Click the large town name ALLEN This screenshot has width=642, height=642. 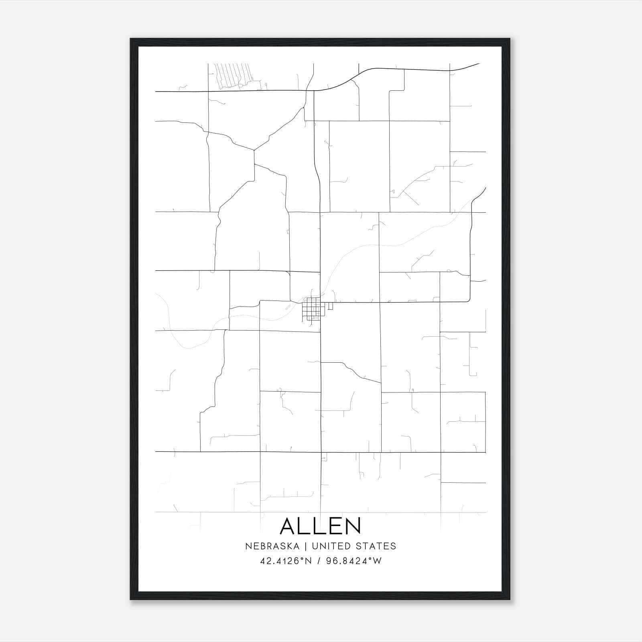(x=320, y=526)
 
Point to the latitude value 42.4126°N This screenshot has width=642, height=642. (x=286, y=561)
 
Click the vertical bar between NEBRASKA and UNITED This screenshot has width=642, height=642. (x=305, y=546)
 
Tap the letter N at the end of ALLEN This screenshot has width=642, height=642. (x=353, y=526)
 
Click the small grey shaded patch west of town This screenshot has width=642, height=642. (x=287, y=308)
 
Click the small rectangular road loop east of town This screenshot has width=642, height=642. (x=330, y=306)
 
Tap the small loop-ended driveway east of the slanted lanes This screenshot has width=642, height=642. (x=265, y=84)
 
